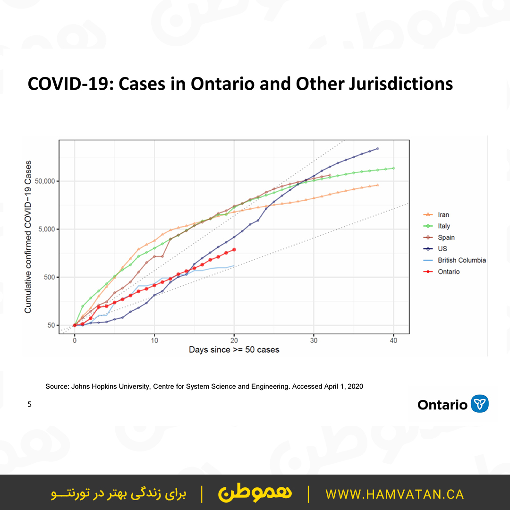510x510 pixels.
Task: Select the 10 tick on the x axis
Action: (154, 340)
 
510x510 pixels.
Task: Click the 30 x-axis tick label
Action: (314, 340)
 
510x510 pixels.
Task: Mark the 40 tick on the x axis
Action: (394, 340)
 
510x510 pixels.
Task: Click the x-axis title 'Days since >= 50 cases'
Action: (234, 350)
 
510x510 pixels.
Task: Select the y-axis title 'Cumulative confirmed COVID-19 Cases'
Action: (28, 237)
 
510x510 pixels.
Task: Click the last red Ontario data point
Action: (234, 249)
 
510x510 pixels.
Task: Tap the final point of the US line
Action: (377, 148)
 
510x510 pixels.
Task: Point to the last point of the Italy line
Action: (393, 168)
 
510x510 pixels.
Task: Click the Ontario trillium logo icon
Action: (480, 404)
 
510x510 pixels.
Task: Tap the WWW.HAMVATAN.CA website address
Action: (395, 494)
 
